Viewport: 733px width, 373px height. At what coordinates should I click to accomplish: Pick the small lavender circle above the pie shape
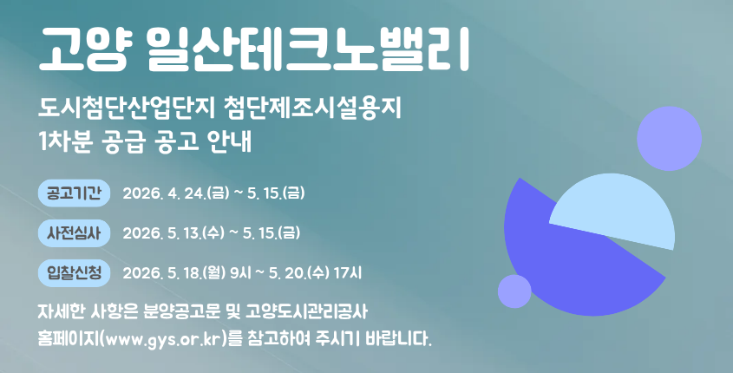coord(669,137)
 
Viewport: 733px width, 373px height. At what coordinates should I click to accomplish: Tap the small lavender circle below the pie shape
coord(514,291)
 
